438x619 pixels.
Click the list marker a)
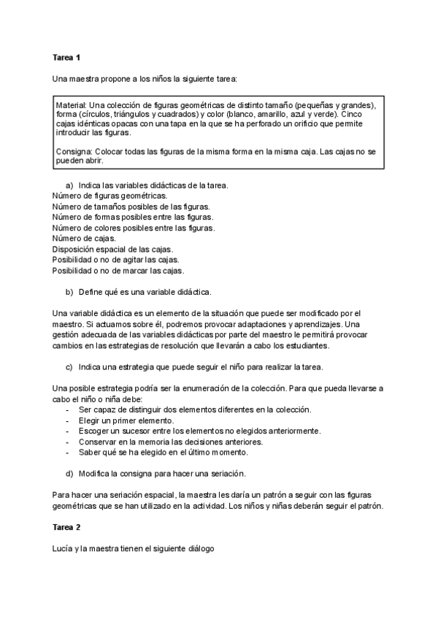click(69, 185)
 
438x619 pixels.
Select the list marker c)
click(69, 366)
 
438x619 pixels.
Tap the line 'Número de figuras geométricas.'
click(109, 196)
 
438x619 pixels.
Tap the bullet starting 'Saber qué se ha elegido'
click(168, 452)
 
